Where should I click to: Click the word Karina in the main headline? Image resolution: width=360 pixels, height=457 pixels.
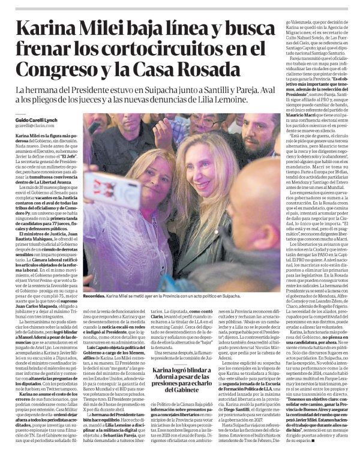pyautogui.click(x=50, y=28)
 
